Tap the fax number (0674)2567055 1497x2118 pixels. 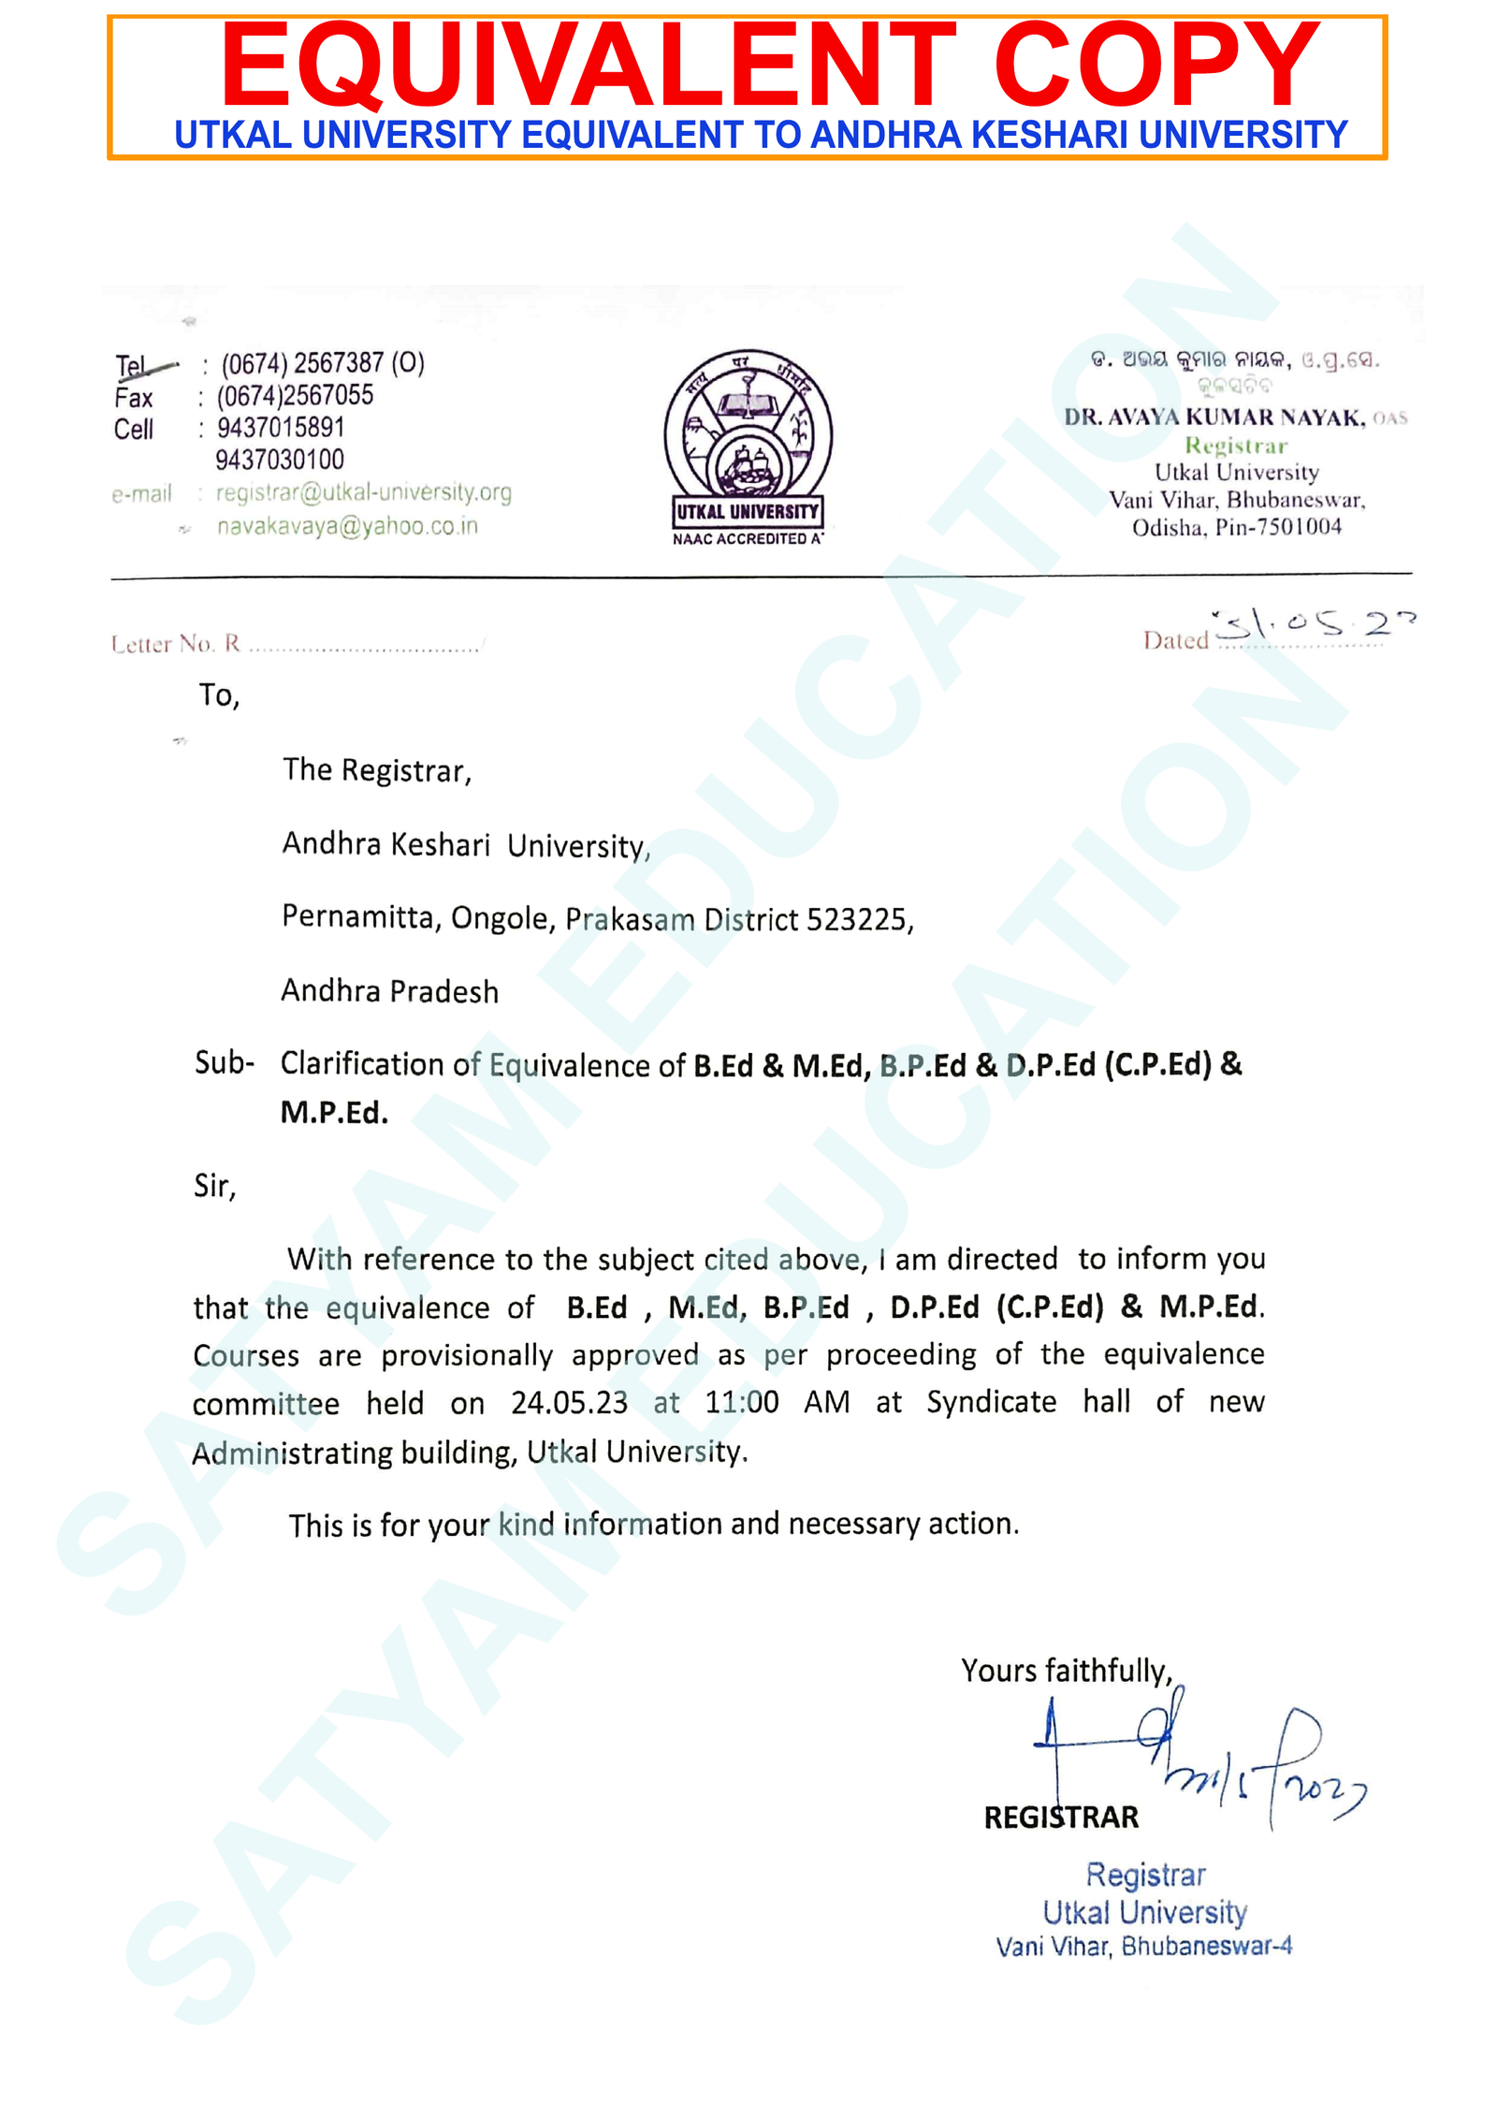coord(295,396)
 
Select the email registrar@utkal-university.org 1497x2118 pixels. coord(364,492)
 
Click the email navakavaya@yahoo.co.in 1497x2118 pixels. coord(347,526)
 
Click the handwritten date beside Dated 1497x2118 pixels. coord(1315,624)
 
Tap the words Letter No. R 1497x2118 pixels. coord(176,644)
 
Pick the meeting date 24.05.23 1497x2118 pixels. coord(569,1402)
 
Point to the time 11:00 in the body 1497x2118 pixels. coord(741,1402)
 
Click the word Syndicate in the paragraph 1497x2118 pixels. coord(991,1402)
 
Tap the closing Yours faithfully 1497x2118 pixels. coord(1066,1671)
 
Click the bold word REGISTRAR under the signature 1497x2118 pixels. coord(1061,1817)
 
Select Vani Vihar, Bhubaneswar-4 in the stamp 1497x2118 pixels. coord(1143,1947)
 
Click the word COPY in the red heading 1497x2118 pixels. coord(1156,66)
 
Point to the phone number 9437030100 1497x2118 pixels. coord(280,460)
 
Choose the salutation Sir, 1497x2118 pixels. coord(214,1187)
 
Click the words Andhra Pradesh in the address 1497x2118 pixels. coord(390,991)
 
